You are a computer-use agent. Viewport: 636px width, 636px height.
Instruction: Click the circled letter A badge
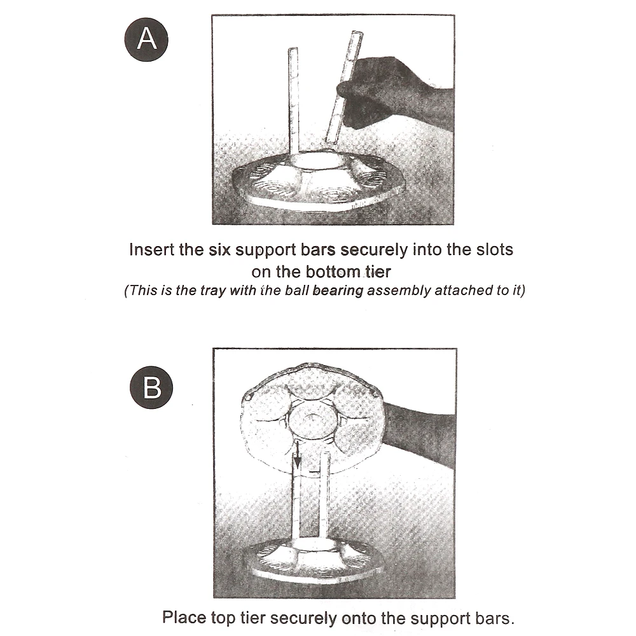(x=147, y=39)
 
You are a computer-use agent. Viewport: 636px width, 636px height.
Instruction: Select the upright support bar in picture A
(x=294, y=102)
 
